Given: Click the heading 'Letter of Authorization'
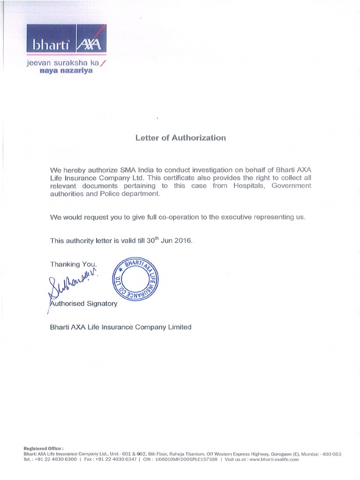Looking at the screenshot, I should (180, 138).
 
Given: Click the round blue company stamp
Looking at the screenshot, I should (137, 281).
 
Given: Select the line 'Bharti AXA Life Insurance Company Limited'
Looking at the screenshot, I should (120, 327).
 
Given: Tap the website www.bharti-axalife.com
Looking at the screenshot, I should (271, 460).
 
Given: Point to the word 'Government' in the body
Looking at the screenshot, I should (291, 186).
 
